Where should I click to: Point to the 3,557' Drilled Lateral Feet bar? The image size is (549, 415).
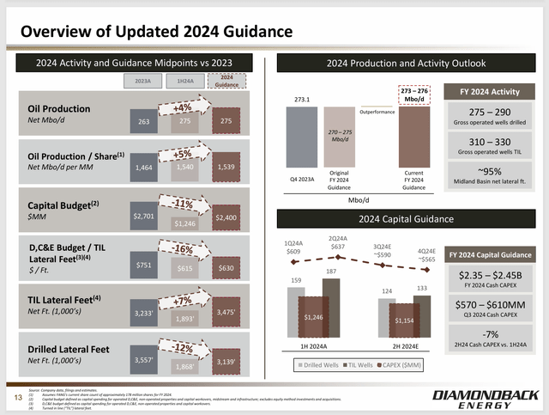[143, 361]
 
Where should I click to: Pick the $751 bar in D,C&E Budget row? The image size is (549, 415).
[143, 265]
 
